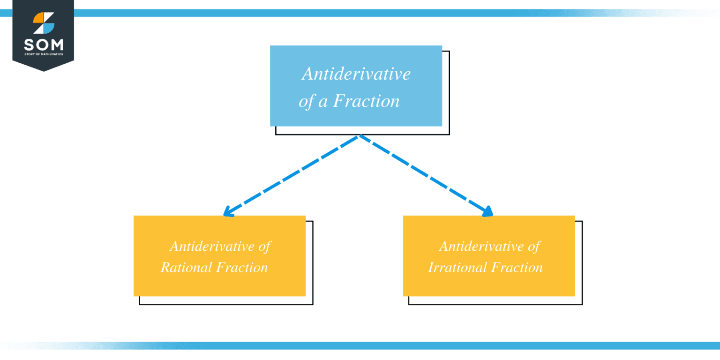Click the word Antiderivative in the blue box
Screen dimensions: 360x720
(x=356, y=74)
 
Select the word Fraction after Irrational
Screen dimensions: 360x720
(x=517, y=267)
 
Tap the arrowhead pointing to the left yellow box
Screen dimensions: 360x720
(x=228, y=212)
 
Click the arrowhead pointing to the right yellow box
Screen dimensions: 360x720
(x=488, y=212)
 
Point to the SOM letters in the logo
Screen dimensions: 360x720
(x=43, y=45)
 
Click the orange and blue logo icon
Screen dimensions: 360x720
(x=44, y=23)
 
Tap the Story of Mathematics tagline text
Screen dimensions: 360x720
(x=43, y=55)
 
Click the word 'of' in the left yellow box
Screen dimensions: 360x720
(x=265, y=246)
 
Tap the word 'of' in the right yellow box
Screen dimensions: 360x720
(x=534, y=246)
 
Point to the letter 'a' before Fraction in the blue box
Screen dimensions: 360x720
(x=322, y=102)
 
